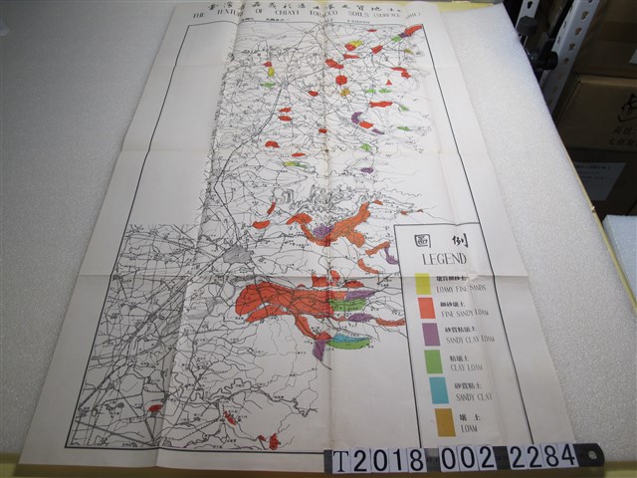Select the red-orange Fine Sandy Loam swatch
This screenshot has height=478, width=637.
[x=426, y=308]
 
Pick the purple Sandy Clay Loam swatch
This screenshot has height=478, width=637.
[x=430, y=334]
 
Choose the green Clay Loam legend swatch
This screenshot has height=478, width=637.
[x=434, y=360]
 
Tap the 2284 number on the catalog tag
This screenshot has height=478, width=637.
[x=543, y=456]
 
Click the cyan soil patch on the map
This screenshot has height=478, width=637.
[x=347, y=340]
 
